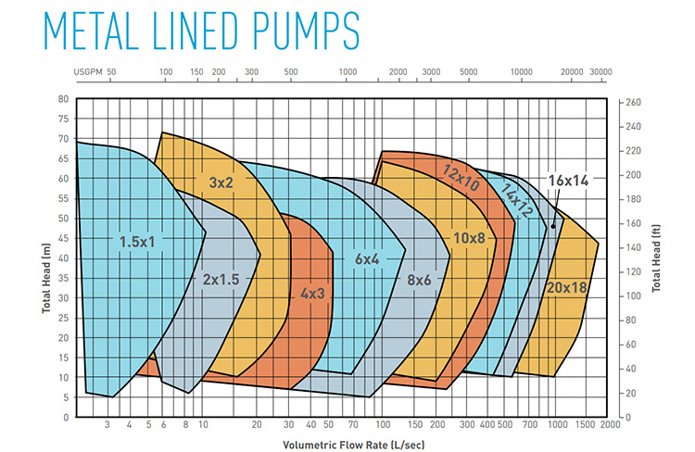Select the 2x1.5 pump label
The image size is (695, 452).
(x=221, y=278)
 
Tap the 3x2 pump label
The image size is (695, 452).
(x=221, y=183)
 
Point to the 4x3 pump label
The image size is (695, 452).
(x=312, y=294)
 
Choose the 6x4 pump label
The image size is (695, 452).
(x=367, y=260)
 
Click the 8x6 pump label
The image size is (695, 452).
(x=420, y=278)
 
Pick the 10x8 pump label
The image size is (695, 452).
(x=469, y=238)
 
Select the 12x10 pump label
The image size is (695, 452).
(x=461, y=179)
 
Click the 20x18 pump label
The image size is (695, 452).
(x=567, y=287)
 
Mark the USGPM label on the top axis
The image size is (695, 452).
(x=89, y=71)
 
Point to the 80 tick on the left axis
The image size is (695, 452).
(x=63, y=99)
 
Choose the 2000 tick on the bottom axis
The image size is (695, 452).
(x=610, y=425)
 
